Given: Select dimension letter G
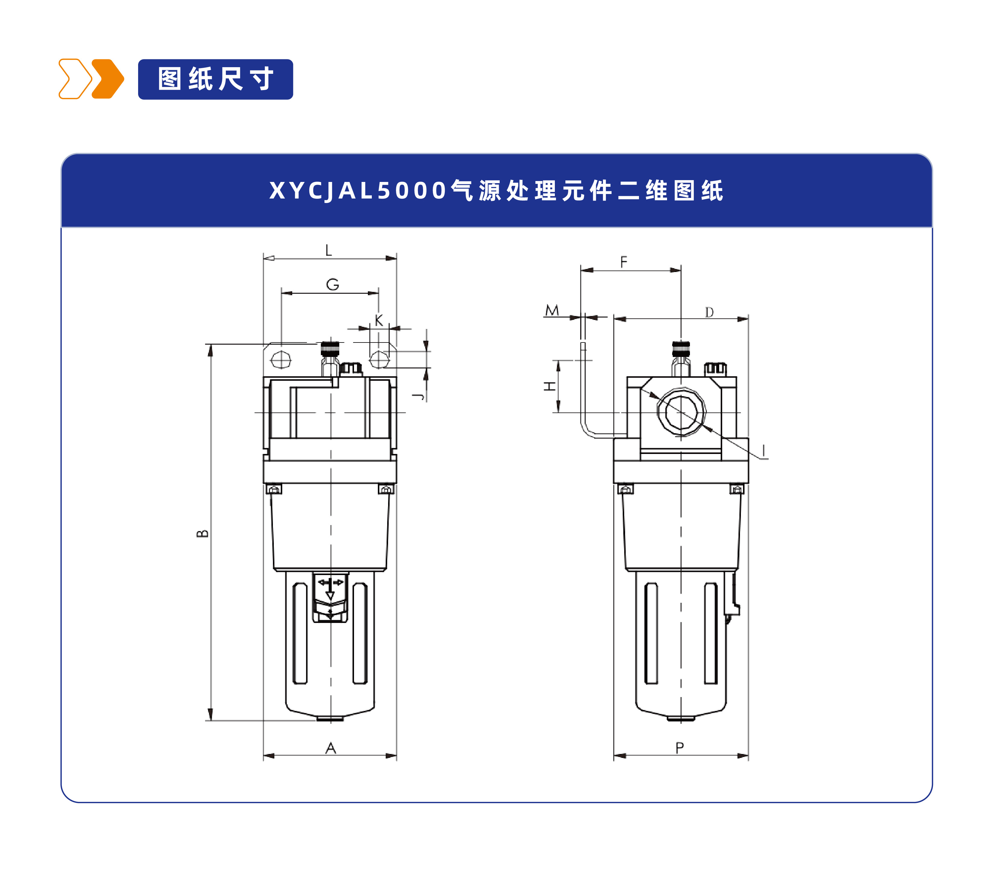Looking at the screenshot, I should point(332,284).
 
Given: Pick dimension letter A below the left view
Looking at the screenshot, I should point(330,748).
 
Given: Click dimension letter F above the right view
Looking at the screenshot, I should point(624,262).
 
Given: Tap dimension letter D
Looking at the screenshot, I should point(709,312).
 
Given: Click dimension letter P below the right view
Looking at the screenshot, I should point(680,748).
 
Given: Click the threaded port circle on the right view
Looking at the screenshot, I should point(681,412).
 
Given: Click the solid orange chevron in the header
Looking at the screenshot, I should point(108,79).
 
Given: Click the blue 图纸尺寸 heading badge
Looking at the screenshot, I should point(215,79).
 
